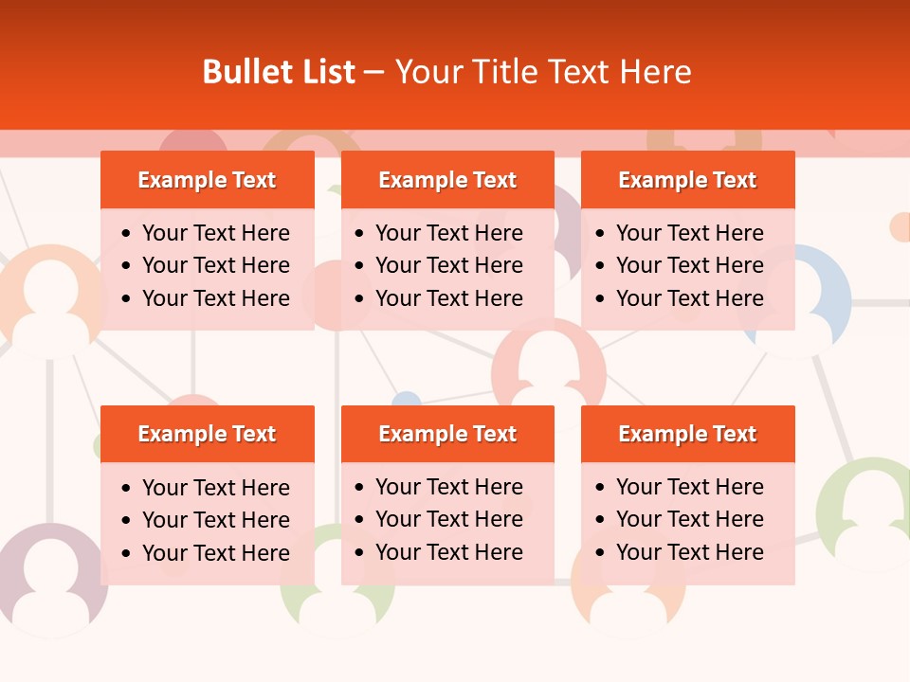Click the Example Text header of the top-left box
point(207,180)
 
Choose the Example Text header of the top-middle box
point(447,180)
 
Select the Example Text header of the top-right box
point(687,180)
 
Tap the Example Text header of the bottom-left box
point(207,434)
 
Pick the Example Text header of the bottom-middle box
point(447,434)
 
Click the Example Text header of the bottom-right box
point(687,434)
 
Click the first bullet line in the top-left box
point(215,233)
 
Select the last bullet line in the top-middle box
point(448,298)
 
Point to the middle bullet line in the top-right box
point(689,265)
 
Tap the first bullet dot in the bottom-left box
point(127,489)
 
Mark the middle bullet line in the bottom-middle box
point(448,519)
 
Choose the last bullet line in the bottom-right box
point(689,552)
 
